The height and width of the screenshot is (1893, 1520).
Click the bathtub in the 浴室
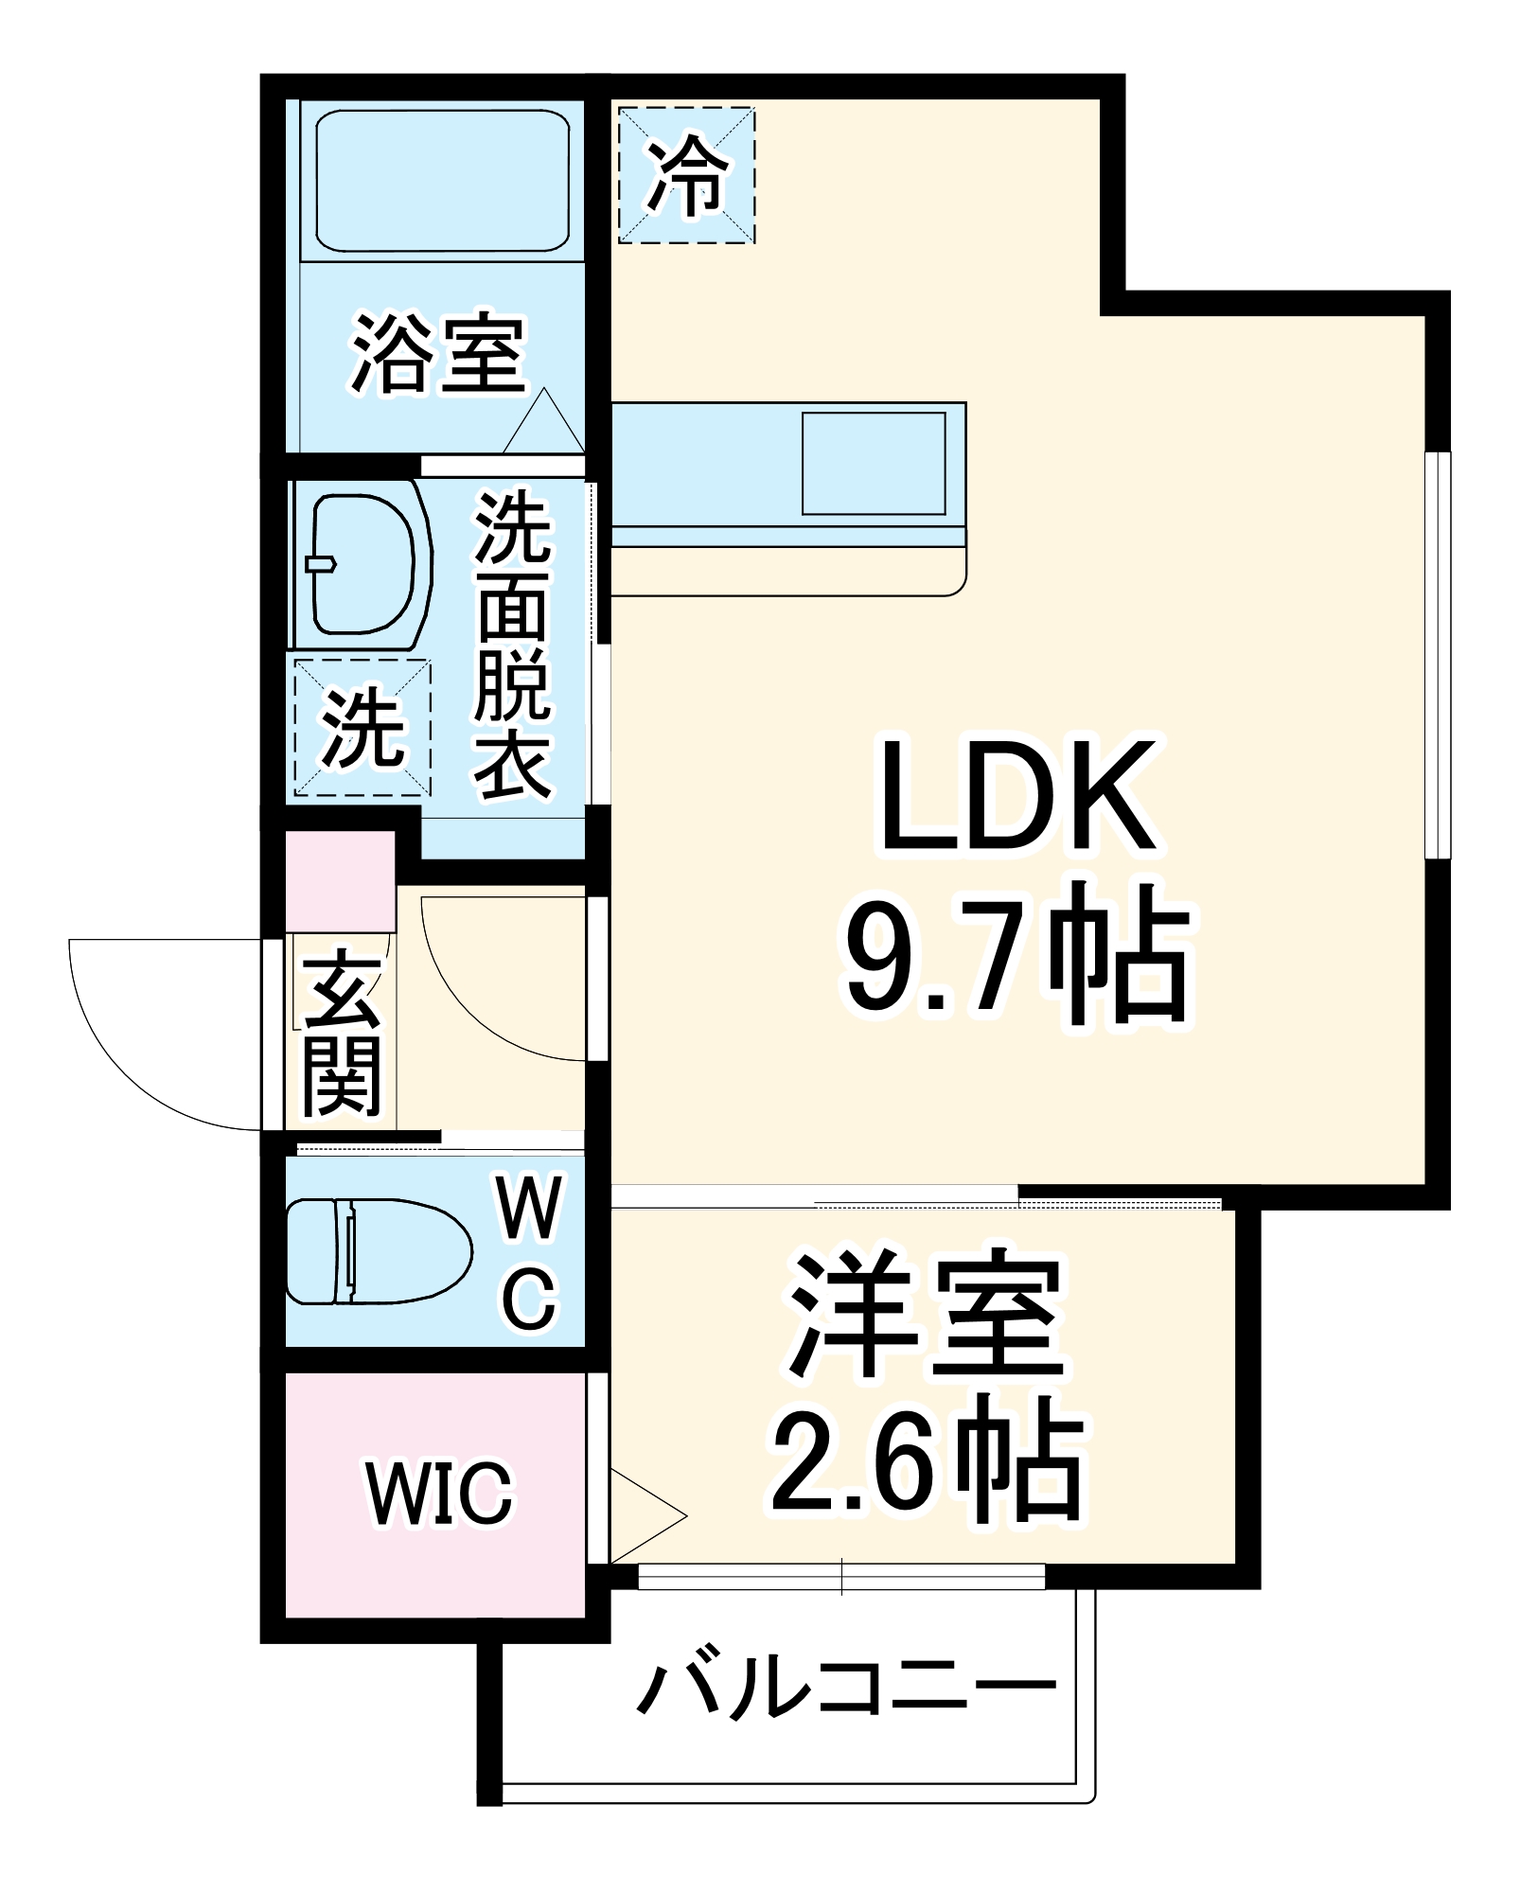coord(442,180)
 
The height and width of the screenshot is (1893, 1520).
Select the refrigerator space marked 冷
coord(687,175)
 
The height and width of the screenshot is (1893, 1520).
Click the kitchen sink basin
coord(874,463)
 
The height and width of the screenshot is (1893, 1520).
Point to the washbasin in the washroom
coord(362,565)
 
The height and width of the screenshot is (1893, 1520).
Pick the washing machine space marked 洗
coord(362,728)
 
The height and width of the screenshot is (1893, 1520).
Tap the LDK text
coord(1017,797)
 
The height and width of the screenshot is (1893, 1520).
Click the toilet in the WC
coord(379,1251)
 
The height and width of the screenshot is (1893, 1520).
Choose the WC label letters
coord(530,1251)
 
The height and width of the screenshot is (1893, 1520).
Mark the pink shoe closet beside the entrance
coord(340,881)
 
